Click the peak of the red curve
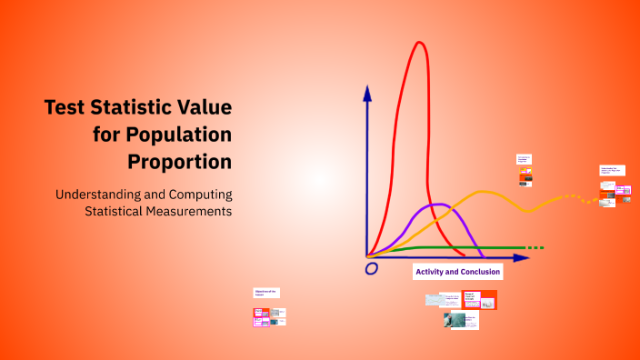point(420,43)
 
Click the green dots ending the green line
point(536,247)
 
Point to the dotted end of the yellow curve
point(570,196)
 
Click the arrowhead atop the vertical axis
point(367,92)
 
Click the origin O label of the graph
point(371,268)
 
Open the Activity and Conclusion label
point(457,271)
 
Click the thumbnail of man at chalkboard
point(454,320)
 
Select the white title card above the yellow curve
point(524,161)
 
